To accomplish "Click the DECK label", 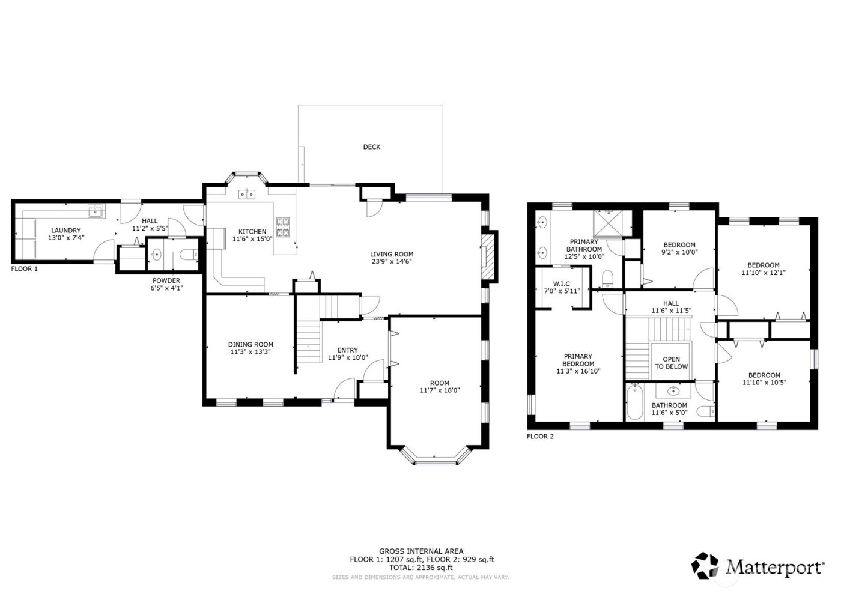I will (x=371, y=147).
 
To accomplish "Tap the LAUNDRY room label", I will (x=65, y=231).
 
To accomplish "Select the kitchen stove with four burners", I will (x=283, y=228).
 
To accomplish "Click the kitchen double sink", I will (x=246, y=194).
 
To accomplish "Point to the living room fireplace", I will (x=490, y=256).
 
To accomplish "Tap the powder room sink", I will (x=156, y=255).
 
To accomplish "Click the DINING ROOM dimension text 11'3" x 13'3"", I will (x=250, y=353).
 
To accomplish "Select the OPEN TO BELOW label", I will (x=671, y=363).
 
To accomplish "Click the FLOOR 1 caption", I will (x=24, y=269).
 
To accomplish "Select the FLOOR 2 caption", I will (x=540, y=437).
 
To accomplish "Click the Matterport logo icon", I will (x=705, y=565).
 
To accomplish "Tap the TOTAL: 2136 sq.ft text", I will (x=420, y=568).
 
